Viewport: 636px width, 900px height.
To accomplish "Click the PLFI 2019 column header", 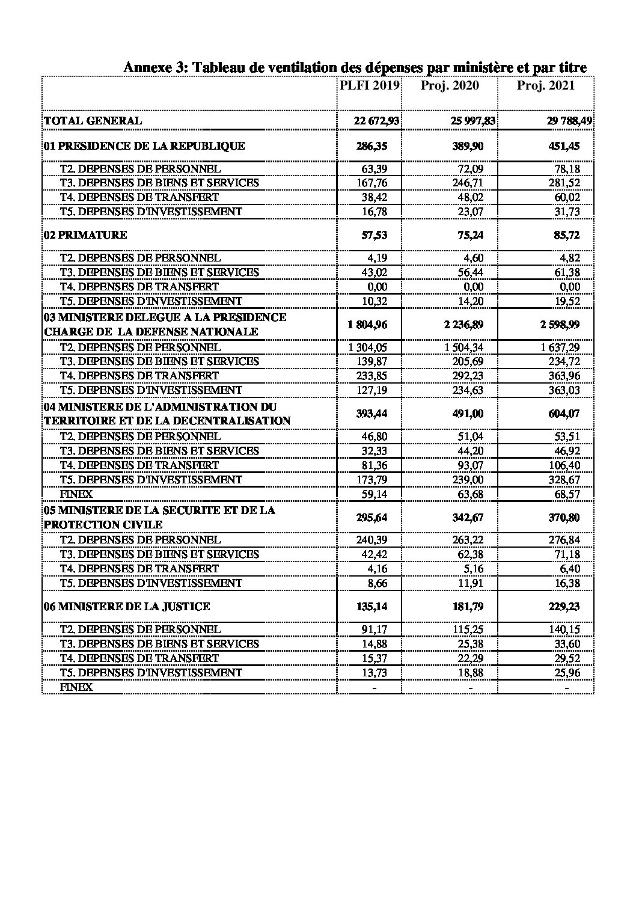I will point(370,85).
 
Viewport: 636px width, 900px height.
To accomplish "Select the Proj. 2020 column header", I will point(450,85).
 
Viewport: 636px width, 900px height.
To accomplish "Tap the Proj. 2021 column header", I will point(545,85).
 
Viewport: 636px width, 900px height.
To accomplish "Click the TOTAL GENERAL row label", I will point(93,120).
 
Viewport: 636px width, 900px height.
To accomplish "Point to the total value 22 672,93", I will point(376,121).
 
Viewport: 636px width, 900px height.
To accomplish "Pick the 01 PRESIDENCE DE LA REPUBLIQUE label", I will point(144,145).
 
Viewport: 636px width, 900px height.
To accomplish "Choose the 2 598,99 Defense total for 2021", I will point(560,325).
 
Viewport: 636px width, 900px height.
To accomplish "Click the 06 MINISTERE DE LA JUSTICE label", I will point(126,607).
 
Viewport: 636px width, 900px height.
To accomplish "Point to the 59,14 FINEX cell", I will point(375,494).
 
